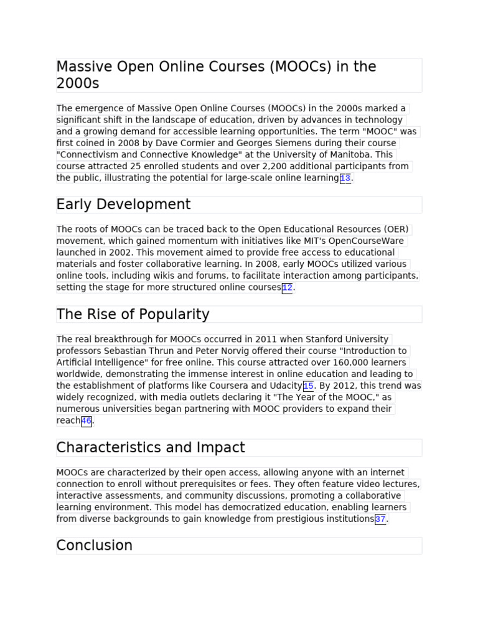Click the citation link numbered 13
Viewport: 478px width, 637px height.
tap(345, 179)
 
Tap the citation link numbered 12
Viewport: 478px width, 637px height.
tap(287, 288)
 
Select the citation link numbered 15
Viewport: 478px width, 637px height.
tap(308, 386)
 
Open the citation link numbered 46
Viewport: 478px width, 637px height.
tap(86, 421)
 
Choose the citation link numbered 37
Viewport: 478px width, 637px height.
tap(380, 519)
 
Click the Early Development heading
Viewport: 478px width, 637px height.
tap(123, 205)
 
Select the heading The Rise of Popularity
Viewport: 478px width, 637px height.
tap(133, 315)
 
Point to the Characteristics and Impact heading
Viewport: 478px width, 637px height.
tap(151, 448)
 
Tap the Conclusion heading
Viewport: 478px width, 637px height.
tap(94, 546)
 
